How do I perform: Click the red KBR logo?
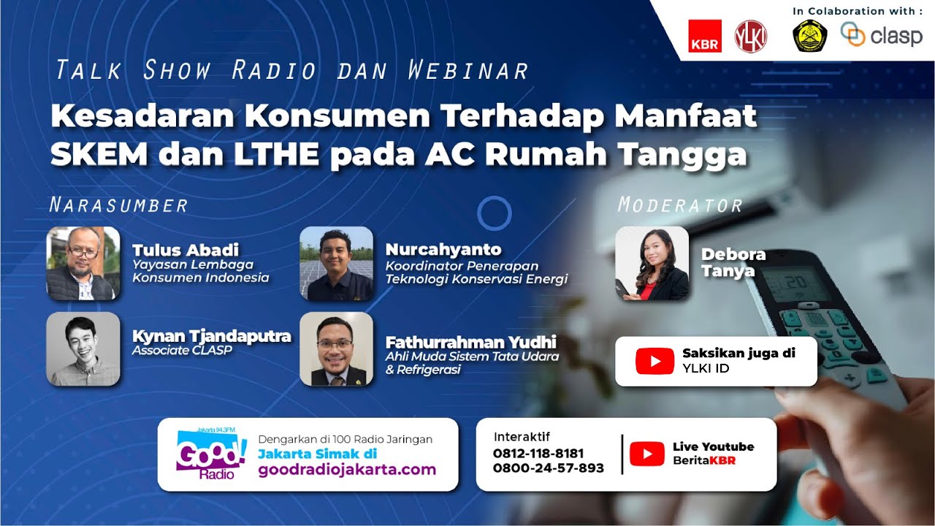coord(705,36)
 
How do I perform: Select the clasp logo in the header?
coord(882,35)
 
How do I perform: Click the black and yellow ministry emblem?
coord(810,35)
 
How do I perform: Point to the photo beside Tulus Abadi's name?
coord(83,264)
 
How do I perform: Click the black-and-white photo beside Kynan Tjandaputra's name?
coord(83,349)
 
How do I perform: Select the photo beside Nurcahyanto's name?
coord(337,264)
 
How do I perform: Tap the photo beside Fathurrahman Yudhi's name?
coord(337,349)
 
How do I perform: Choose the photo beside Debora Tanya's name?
coord(652,264)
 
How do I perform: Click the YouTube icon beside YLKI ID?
coord(654,361)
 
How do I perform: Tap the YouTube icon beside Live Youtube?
coord(646,454)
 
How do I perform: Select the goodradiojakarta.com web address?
coord(347,470)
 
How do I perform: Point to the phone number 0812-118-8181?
coord(538,454)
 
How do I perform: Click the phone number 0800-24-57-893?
coord(549,468)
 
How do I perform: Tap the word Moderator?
coord(680,205)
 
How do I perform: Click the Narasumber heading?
coord(118,205)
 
